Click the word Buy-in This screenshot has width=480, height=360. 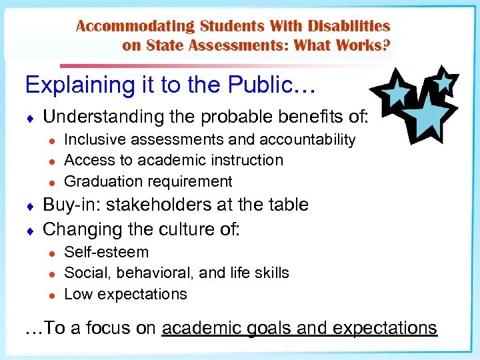point(69,205)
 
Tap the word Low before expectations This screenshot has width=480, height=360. point(77,294)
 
